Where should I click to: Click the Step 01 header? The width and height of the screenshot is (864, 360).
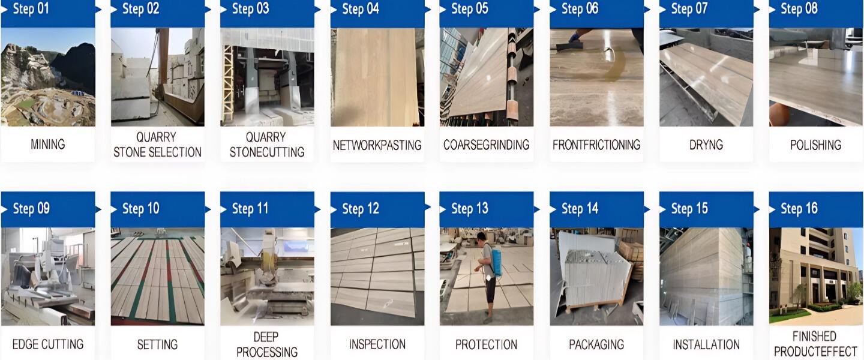point(31,9)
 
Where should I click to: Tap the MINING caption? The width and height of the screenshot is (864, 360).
point(48,145)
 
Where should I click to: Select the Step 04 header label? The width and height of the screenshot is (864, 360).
point(361,9)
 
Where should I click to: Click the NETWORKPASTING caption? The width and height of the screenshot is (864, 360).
point(377,145)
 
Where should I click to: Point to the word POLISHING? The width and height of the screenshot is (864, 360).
point(816,145)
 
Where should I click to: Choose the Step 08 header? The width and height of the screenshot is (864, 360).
point(799,9)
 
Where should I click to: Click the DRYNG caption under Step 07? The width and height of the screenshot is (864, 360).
point(706,145)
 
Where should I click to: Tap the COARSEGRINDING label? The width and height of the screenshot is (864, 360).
point(487,145)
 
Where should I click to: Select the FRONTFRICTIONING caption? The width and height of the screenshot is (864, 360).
point(596,145)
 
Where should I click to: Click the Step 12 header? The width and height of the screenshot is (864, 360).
point(361,209)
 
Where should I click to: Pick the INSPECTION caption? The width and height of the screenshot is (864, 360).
point(377,344)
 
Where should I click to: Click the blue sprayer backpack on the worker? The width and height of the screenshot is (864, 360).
point(495,262)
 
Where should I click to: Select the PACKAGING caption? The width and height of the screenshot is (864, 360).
point(596,344)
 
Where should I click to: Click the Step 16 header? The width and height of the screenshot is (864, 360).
point(799,209)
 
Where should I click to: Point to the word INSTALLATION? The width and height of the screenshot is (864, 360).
point(706,344)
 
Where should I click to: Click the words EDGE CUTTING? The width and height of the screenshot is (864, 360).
point(48,344)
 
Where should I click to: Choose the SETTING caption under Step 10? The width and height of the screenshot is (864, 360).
point(157,344)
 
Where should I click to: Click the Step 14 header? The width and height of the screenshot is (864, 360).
point(580,209)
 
